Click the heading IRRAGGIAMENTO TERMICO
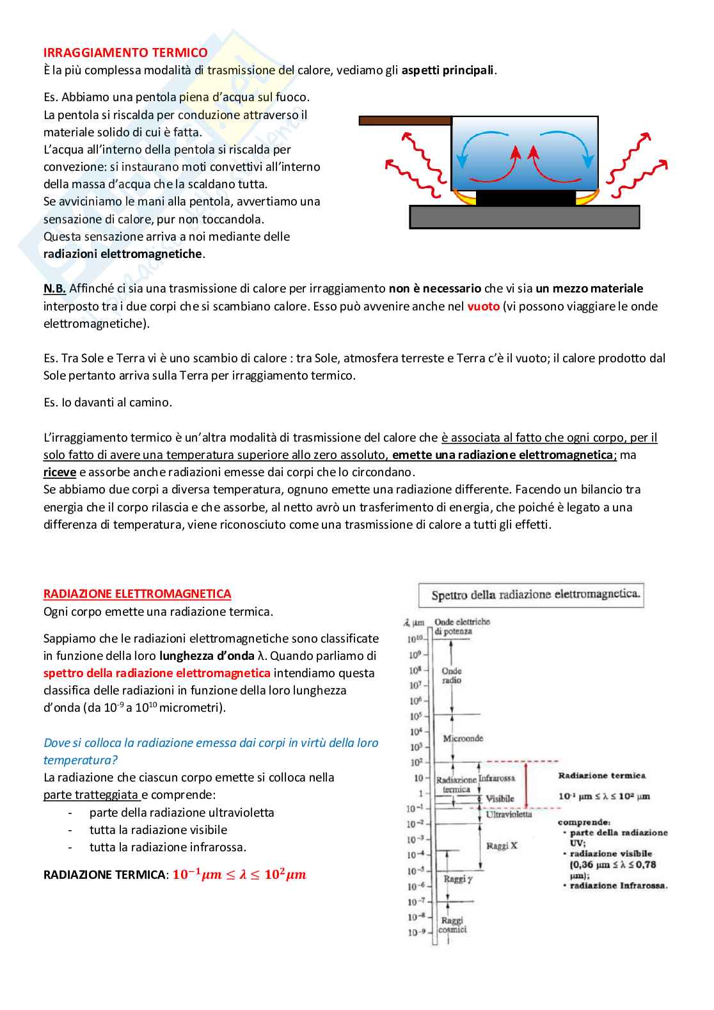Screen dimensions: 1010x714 (125, 52)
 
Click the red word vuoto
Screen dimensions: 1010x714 (483, 306)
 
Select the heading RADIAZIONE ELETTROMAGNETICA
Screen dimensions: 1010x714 (137, 594)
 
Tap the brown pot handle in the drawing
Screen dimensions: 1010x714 (404, 120)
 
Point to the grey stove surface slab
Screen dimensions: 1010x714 (524, 217)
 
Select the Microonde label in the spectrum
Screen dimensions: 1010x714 (463, 739)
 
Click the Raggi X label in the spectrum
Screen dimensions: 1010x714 (501, 846)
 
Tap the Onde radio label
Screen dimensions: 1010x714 (452, 675)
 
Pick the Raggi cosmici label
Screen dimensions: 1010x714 (452, 925)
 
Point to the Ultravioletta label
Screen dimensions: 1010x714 (509, 814)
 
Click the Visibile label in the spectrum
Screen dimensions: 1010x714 (500, 799)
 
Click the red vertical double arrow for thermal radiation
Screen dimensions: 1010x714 (526, 785)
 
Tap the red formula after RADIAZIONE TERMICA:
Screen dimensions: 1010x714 (239, 874)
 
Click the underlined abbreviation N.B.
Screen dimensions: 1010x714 (54, 289)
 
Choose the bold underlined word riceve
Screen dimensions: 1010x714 (59, 472)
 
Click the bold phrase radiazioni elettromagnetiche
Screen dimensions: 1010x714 (123, 254)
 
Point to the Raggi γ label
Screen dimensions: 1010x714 (458, 879)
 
